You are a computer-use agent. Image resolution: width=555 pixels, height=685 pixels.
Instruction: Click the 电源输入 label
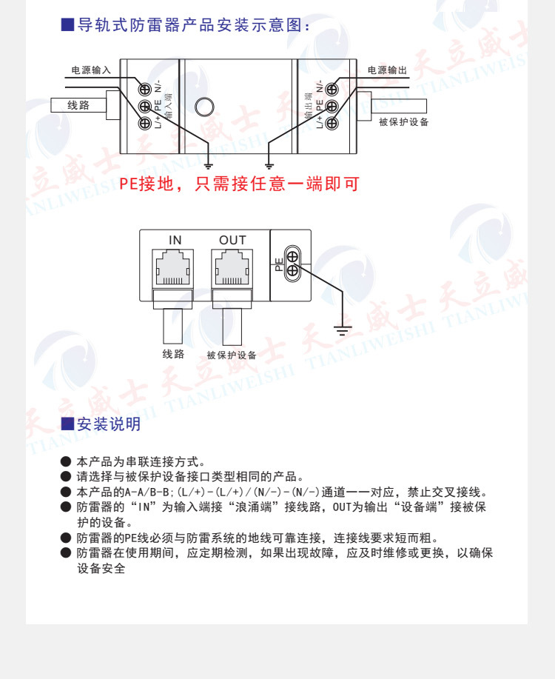pyautogui.click(x=90, y=70)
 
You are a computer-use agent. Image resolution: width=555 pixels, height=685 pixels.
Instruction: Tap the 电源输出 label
pyautogui.click(x=388, y=70)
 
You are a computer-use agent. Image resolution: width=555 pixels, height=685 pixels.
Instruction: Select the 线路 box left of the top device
pyautogui.click(x=78, y=105)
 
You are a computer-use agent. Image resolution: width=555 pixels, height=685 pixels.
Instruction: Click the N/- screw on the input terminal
pyautogui.click(x=146, y=90)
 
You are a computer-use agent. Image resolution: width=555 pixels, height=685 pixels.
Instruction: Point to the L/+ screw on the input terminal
pyautogui.click(x=146, y=123)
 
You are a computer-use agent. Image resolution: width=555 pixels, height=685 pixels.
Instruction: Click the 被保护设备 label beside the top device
pyautogui.click(x=403, y=121)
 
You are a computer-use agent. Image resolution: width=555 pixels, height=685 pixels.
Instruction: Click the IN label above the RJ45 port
pyautogui.click(x=175, y=240)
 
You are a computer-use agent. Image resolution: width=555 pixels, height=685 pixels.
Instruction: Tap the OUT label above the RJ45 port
pyautogui.click(x=232, y=240)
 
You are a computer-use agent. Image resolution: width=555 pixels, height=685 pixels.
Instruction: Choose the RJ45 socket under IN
pyautogui.click(x=173, y=268)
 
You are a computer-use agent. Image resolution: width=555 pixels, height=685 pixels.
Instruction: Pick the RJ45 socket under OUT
pyautogui.click(x=232, y=268)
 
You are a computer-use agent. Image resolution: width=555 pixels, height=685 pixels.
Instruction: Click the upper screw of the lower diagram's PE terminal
pyautogui.click(x=292, y=256)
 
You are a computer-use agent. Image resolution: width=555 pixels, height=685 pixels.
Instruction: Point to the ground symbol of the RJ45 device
pyautogui.click(x=341, y=329)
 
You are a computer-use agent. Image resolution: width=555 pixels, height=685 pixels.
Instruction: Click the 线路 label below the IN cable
pyautogui.click(x=173, y=354)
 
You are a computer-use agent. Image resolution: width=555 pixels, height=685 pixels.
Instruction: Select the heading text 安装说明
pyautogui.click(x=109, y=424)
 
